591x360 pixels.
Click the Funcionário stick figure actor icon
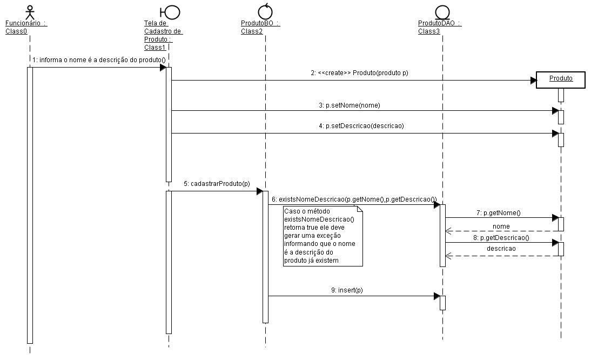[30, 12]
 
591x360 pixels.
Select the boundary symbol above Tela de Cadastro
[170, 12]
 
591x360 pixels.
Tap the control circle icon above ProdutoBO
[265, 11]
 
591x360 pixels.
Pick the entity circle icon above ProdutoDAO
[442, 12]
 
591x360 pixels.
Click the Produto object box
[560, 80]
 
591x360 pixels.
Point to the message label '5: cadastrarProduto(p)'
[217, 184]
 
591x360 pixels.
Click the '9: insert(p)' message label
[347, 290]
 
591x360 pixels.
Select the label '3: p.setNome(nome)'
[350, 105]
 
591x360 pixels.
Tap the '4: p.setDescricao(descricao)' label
[361, 126]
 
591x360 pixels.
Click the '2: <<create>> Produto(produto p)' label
[359, 73]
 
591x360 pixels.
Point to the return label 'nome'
[501, 226]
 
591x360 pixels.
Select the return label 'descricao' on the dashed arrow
[501, 249]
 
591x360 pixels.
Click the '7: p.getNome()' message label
[498, 213]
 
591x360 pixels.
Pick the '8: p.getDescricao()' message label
[501, 238]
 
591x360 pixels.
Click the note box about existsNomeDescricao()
[323, 236]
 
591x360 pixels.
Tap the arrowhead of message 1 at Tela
[163, 68]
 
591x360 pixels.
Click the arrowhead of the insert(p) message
[437, 296]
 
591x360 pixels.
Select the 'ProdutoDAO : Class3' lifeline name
[440, 27]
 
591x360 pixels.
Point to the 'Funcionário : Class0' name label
[26, 27]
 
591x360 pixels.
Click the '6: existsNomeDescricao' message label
[354, 199]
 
